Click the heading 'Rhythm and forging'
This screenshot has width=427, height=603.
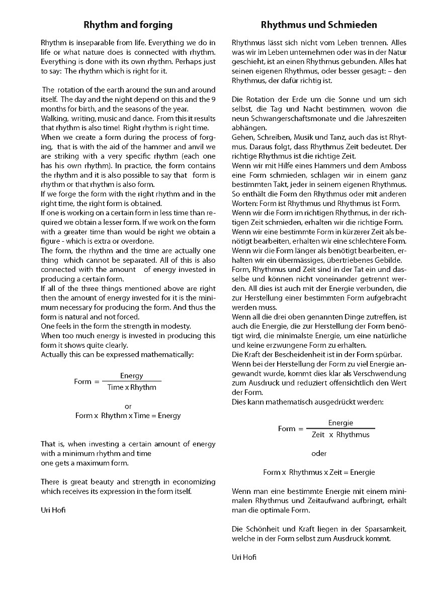click(128, 25)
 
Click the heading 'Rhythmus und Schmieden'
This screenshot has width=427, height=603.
click(319, 25)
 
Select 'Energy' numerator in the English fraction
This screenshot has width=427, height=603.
click(131, 376)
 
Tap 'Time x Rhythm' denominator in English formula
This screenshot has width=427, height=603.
click(132, 387)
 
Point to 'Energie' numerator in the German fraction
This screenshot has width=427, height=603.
click(340, 423)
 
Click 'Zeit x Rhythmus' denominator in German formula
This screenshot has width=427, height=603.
click(340, 435)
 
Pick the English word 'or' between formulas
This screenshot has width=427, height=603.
click(128, 406)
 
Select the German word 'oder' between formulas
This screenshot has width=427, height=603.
click(319, 453)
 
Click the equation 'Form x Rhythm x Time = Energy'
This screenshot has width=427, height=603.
click(128, 416)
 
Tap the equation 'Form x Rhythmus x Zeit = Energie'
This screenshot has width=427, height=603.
click(319, 472)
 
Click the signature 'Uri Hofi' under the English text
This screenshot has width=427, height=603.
click(53, 510)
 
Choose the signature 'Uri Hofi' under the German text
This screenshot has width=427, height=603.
click(244, 557)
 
